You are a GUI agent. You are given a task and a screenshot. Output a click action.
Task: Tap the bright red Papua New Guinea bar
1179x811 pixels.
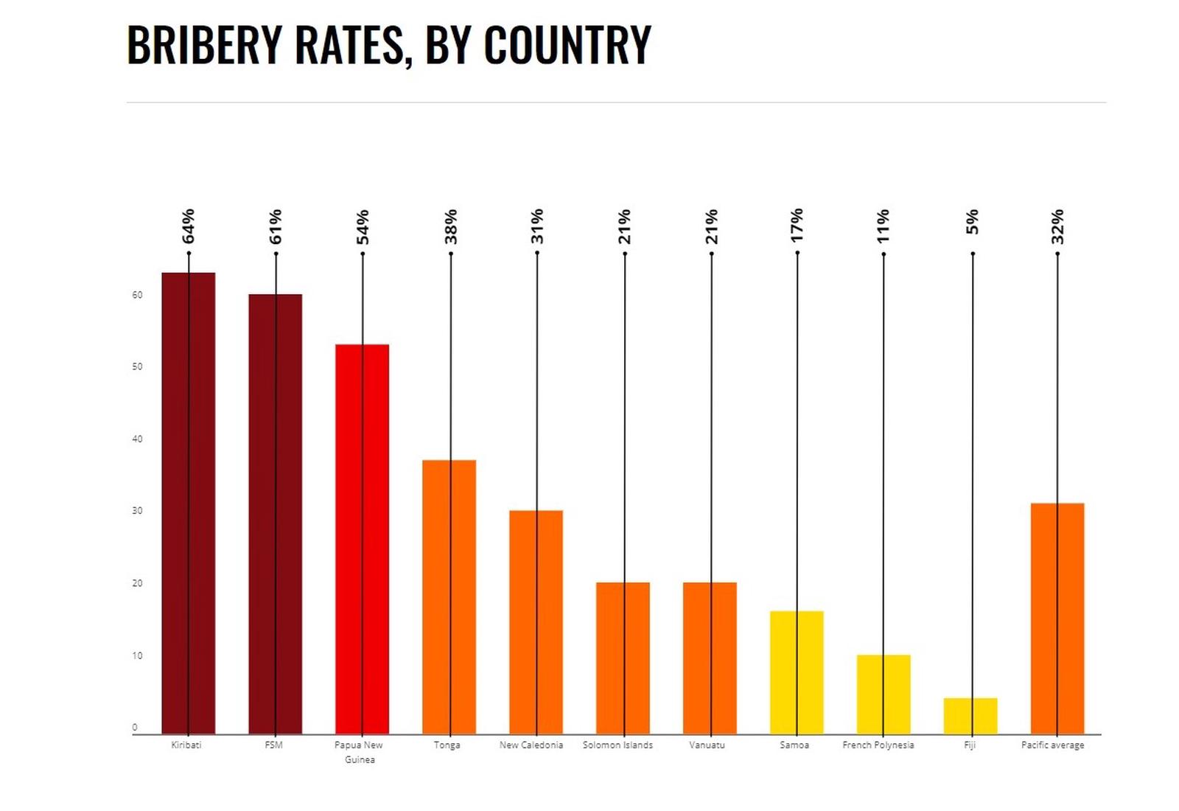[x=362, y=539]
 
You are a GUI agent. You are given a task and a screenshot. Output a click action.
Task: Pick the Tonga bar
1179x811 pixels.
[x=449, y=596]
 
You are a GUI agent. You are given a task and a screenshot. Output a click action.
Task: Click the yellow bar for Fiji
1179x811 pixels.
[x=970, y=716]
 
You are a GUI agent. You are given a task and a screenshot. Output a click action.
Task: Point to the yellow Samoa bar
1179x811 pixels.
[x=797, y=672]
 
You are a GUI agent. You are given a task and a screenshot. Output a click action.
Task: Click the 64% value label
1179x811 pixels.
[x=189, y=226]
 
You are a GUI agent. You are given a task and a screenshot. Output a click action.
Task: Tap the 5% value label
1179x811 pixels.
[x=973, y=222]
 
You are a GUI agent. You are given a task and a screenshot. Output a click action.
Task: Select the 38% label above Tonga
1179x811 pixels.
[x=451, y=226]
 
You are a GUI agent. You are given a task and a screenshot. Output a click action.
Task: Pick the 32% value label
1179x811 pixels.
[x=1058, y=226]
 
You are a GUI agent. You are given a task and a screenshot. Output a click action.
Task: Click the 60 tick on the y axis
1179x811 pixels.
[x=137, y=295]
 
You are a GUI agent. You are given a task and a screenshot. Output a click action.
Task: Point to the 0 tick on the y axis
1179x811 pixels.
[x=135, y=728]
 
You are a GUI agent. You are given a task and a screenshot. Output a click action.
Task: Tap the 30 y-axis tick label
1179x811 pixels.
[x=137, y=511]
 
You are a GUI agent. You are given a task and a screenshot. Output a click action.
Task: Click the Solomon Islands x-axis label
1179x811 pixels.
[x=618, y=745]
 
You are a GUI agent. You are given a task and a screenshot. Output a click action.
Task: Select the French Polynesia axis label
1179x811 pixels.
[x=878, y=745]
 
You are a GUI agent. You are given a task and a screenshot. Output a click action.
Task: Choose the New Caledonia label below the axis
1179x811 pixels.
[x=531, y=745]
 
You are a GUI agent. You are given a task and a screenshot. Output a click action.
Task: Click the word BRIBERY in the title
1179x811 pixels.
[x=204, y=45]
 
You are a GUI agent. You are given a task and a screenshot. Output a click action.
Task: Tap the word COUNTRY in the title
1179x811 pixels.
[x=567, y=45]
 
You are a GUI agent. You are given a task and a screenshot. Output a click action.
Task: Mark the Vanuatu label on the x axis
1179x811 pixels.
[x=707, y=745]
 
